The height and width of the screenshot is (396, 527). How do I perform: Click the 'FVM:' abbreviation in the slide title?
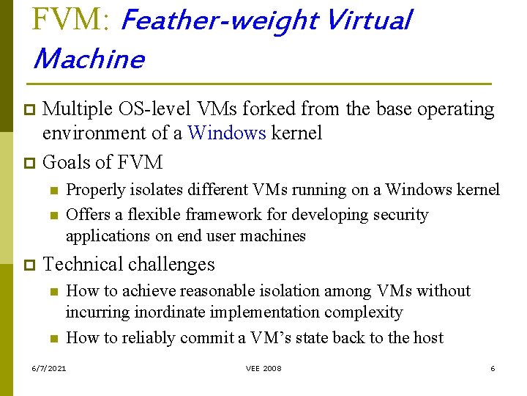[x=70, y=20]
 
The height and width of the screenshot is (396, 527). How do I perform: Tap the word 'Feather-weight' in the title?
[x=217, y=21]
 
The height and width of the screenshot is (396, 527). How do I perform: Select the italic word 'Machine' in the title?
[x=89, y=58]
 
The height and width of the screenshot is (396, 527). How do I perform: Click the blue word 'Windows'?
[x=226, y=133]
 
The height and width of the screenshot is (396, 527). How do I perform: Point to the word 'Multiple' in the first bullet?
[x=76, y=109]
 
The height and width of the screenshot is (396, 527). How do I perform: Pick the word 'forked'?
[x=299, y=109]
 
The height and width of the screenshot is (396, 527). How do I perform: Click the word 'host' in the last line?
[x=428, y=337]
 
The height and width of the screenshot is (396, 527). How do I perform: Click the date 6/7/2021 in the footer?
[x=49, y=368]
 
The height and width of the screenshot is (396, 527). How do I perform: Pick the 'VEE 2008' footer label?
[x=263, y=368]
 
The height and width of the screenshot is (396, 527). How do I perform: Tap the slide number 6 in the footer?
[x=493, y=368]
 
